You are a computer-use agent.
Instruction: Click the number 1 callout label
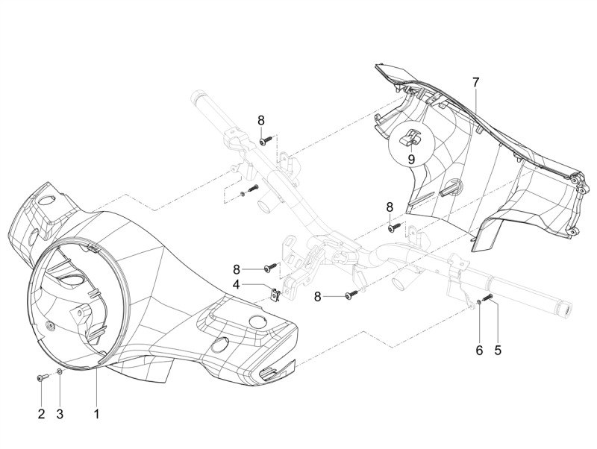coord(96,412)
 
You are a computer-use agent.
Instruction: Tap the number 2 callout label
coord(41,412)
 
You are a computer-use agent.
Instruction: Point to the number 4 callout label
coord(236,284)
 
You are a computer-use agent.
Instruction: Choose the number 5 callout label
coord(498,349)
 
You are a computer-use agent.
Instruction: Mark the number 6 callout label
coord(479,349)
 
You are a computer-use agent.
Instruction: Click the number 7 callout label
coord(475,81)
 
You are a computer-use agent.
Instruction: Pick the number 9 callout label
coord(410,158)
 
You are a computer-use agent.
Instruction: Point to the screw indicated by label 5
coord(490,298)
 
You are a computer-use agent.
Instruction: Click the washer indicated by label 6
coord(478,302)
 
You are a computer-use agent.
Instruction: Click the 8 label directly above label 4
coord(236,269)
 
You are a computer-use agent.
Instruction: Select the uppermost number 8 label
coord(261,120)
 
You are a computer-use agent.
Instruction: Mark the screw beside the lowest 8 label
coord(351,296)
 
